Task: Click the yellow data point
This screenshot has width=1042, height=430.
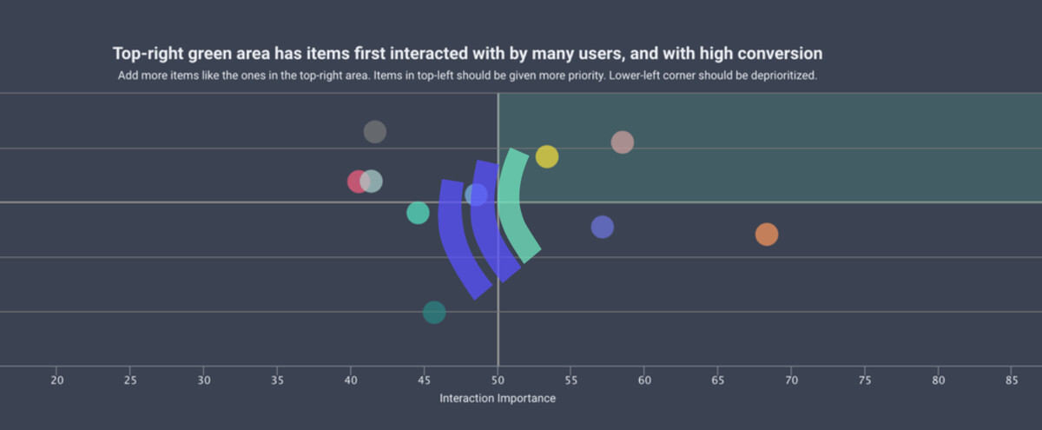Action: pyautogui.click(x=547, y=156)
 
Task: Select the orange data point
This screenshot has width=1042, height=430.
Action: pyautogui.click(x=767, y=235)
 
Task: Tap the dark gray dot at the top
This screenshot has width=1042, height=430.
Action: pyautogui.click(x=374, y=132)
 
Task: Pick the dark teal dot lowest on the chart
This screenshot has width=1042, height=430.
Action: pyautogui.click(x=434, y=313)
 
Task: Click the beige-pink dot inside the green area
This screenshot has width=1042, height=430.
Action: pyautogui.click(x=623, y=142)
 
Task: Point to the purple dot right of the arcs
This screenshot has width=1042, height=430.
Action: pyautogui.click(x=603, y=228)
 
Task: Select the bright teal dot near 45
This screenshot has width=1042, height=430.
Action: pyautogui.click(x=418, y=213)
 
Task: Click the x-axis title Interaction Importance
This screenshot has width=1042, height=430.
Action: pyautogui.click(x=498, y=399)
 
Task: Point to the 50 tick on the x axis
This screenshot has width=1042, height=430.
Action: pyautogui.click(x=498, y=380)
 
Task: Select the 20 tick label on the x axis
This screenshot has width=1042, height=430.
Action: pyautogui.click(x=57, y=380)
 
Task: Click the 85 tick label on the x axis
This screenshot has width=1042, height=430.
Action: pyautogui.click(x=1012, y=380)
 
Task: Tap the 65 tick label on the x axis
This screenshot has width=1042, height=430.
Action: pyautogui.click(x=718, y=380)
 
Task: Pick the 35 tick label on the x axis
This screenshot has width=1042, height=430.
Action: pyautogui.click(x=277, y=380)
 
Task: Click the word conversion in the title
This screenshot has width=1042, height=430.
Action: pyautogui.click(x=779, y=54)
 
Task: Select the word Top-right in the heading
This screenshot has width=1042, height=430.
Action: pyautogui.click(x=148, y=54)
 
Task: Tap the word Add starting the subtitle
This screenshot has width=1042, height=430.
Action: pyautogui.click(x=128, y=76)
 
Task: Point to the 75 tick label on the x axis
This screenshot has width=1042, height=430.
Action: pyautogui.click(x=865, y=380)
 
